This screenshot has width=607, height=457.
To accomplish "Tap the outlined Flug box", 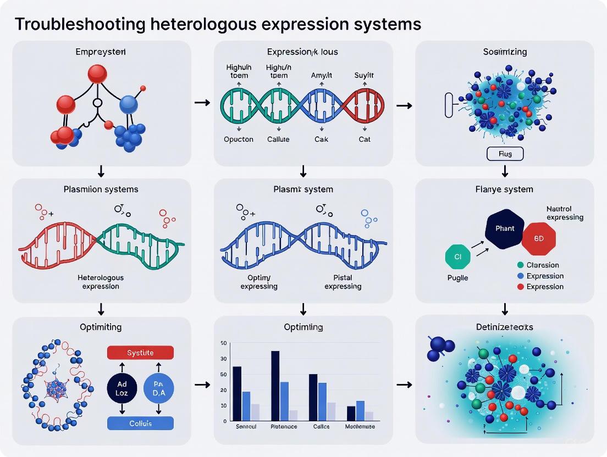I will [505, 154].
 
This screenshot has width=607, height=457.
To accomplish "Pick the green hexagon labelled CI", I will [457, 257].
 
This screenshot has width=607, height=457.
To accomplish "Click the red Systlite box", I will [140, 353].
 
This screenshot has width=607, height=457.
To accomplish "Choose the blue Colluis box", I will [140, 423].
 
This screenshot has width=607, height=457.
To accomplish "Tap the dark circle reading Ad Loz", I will [122, 388].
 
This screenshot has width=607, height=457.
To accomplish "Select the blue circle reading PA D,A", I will [159, 388].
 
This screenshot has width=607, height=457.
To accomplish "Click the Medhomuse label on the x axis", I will [361, 427].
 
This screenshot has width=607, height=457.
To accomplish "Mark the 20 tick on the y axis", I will [224, 390].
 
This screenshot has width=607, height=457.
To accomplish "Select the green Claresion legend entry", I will [542, 265].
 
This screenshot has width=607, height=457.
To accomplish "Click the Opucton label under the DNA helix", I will [239, 139].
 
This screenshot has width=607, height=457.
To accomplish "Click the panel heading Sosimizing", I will [504, 52].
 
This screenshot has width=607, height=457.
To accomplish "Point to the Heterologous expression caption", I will [101, 282].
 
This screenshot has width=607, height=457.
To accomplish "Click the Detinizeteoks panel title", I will [504, 327].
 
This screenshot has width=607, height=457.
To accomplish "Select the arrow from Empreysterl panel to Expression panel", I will [202, 103].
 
